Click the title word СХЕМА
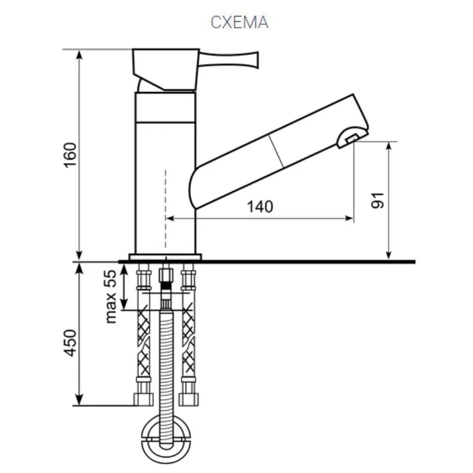[x=239, y=22]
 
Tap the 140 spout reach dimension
[x=260, y=206]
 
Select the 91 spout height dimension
[x=378, y=200]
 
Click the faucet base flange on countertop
[x=165, y=257]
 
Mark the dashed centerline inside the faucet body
[x=166, y=207]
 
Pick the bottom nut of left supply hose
[x=142, y=400]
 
